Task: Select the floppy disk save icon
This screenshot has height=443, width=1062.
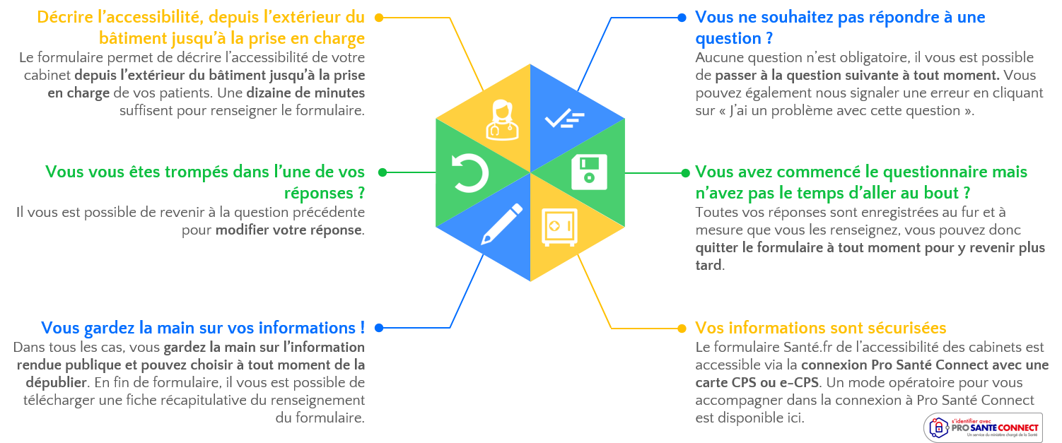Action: point(588,172)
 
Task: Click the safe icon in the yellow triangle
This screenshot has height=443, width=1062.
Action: point(559,227)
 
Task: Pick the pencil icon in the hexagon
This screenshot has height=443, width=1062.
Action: point(501,224)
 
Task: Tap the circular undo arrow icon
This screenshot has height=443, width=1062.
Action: point(470,173)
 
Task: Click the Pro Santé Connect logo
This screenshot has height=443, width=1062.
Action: point(983,427)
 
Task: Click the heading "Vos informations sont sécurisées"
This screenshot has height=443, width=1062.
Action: point(820,328)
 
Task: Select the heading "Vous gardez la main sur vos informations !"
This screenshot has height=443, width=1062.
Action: point(203,328)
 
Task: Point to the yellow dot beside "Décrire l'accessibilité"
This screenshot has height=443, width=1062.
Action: point(379,17)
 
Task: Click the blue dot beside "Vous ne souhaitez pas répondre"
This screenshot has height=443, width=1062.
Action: point(682,17)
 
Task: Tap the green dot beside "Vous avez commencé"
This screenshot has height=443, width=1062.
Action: point(684,172)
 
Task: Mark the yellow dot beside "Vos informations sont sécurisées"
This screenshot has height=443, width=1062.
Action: point(682,328)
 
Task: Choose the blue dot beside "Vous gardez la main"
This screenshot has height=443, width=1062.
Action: point(379,328)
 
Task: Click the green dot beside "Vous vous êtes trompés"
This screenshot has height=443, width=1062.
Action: point(382,172)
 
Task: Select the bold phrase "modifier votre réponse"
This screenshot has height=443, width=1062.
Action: point(289,230)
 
